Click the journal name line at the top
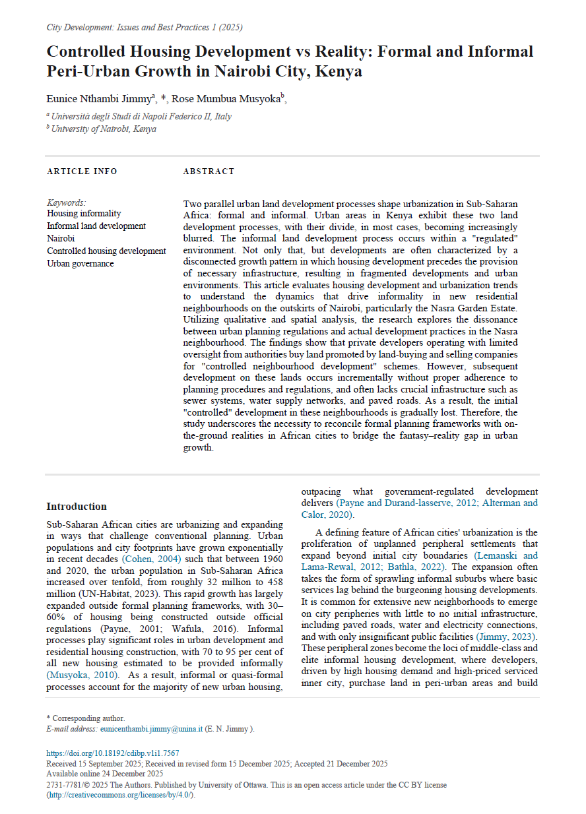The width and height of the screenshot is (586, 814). (145, 27)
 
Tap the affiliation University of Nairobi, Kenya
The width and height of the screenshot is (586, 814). (104, 129)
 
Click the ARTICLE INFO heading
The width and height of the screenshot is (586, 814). (82, 172)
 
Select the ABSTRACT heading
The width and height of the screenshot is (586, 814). (209, 172)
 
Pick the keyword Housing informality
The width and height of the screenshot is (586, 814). (84, 213)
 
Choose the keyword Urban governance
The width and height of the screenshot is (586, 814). (81, 263)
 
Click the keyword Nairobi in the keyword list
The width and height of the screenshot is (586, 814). (61, 238)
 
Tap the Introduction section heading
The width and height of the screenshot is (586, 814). (77, 507)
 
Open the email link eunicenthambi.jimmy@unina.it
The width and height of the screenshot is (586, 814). (162, 729)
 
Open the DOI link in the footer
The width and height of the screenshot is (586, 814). (112, 753)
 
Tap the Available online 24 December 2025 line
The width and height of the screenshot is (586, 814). (105, 774)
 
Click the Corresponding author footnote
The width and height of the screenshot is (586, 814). (85, 718)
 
